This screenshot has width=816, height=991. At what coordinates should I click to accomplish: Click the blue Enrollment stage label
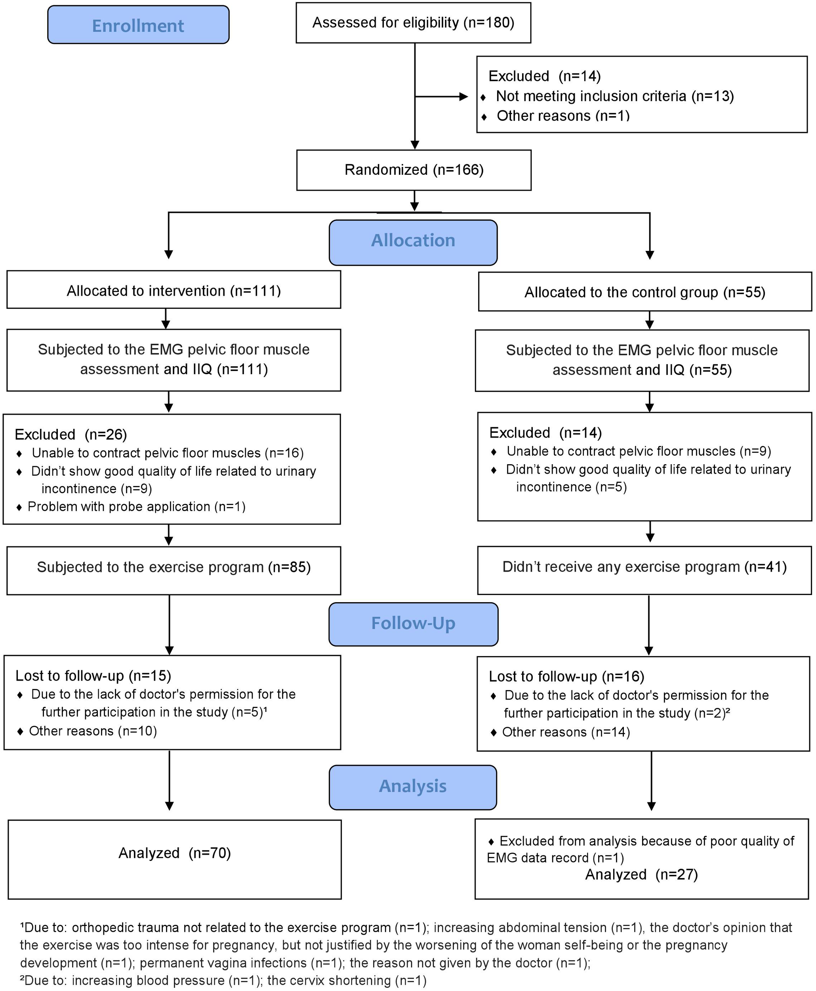coord(138,25)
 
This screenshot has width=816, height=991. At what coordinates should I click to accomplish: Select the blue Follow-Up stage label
coord(413,624)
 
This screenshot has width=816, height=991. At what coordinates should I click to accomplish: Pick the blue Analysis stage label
coord(413,786)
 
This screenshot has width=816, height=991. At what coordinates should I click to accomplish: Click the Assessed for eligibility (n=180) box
coord(413,23)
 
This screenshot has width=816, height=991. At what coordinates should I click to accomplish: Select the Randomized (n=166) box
coord(414,170)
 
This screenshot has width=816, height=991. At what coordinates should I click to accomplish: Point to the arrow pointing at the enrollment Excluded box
coord(442,97)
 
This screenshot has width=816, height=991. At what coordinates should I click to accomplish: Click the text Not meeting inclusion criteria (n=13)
coord(614,96)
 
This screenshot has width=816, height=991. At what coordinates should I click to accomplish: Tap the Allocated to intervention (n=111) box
coord(173,290)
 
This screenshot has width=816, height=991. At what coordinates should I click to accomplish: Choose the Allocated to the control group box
coord(644,292)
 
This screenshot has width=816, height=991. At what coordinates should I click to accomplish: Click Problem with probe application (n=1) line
coord(136,507)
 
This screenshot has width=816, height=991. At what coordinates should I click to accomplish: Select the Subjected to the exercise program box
coord(173,567)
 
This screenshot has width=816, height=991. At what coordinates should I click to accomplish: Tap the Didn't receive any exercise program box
coord(644,567)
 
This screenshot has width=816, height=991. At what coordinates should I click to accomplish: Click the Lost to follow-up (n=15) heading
coord(93,676)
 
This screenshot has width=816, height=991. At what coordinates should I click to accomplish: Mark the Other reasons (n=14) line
coord(566,732)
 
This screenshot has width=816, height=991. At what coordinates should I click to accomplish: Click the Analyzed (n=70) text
coord(174,853)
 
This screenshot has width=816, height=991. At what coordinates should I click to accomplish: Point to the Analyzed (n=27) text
coord(641,874)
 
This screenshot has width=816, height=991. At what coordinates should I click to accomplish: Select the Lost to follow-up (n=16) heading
coord(566,676)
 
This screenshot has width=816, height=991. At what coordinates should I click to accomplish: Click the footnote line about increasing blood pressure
coord(223,981)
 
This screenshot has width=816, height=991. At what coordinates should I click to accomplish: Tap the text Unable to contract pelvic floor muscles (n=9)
coord(638,451)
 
